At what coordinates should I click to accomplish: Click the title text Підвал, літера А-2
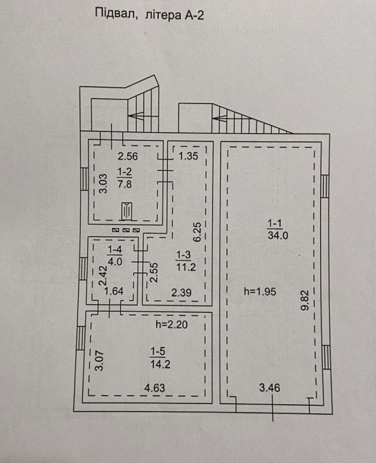pyautogui.click(x=149, y=15)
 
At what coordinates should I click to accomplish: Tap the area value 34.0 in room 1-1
pyautogui.click(x=278, y=236)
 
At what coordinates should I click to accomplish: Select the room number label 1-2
pyautogui.click(x=124, y=171)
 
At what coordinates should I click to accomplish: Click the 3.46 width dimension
pyautogui.click(x=270, y=388)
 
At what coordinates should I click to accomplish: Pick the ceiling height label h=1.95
pyautogui.click(x=260, y=292)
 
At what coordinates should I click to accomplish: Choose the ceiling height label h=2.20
pyautogui.click(x=171, y=325)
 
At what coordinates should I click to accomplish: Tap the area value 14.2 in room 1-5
pyautogui.click(x=160, y=364)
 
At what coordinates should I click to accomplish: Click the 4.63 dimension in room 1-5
pyautogui.click(x=154, y=388)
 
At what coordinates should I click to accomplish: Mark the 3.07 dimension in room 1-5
pyautogui.click(x=100, y=360)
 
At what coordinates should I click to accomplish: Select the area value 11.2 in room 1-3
pyautogui.click(x=186, y=267)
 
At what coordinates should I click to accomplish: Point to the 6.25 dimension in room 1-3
pyautogui.click(x=198, y=232)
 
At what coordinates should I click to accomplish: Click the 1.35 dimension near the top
pyautogui.click(x=188, y=156)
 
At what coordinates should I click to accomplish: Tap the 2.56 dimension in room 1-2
pyautogui.click(x=128, y=156)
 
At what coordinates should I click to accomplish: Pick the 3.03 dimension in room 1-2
pyautogui.click(x=103, y=183)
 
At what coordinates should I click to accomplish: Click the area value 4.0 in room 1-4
pyautogui.click(x=115, y=261)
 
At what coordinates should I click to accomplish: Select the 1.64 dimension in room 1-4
pyautogui.click(x=114, y=291)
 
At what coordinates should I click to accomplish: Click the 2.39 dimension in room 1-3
pyautogui.click(x=181, y=292)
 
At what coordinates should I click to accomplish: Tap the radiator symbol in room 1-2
pyautogui.click(x=126, y=211)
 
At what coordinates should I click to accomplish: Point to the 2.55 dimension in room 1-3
pyautogui.click(x=154, y=273)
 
